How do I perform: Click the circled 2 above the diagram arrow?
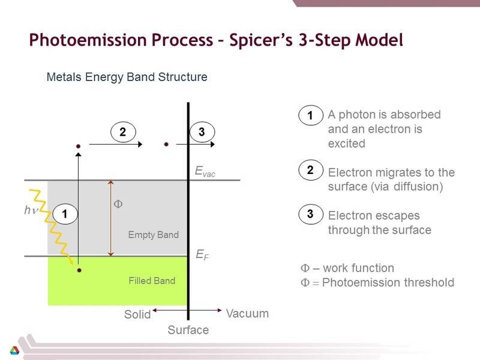click(123, 132)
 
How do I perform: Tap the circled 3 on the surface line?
click(202, 132)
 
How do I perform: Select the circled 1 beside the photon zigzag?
click(65, 214)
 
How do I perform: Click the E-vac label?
click(205, 172)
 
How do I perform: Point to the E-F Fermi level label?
click(202, 254)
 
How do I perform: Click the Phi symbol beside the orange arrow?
click(118, 204)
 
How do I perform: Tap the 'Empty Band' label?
click(154, 235)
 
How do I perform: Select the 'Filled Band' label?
click(152, 281)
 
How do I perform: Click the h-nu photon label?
click(31, 210)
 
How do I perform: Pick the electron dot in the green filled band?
click(79, 271)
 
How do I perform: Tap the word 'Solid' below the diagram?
click(137, 314)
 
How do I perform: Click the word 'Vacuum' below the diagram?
click(247, 313)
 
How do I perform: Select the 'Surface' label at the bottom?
click(188, 330)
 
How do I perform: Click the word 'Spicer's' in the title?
click(261, 40)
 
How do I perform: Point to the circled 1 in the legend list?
click(311, 115)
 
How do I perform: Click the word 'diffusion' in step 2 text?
click(416, 187)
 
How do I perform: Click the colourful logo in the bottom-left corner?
click(14, 350)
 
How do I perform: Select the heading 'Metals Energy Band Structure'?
click(127, 77)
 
